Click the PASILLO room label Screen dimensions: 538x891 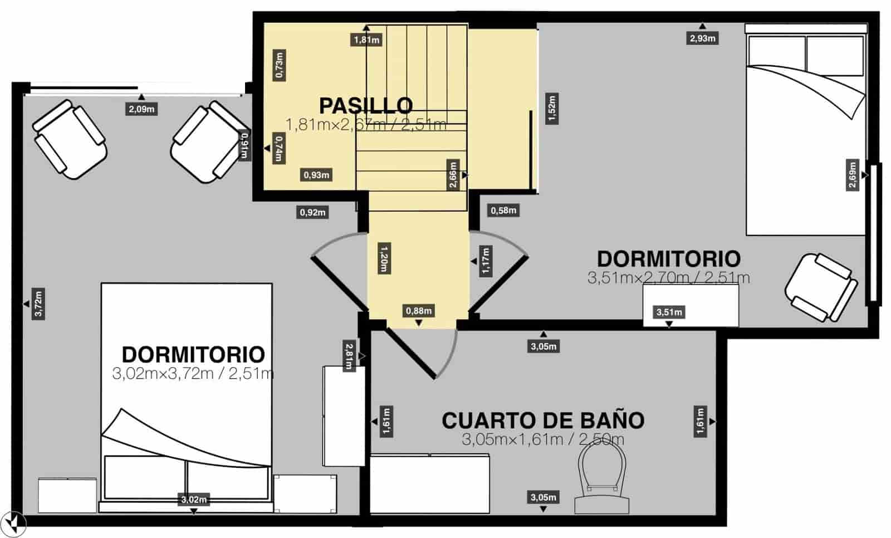pyautogui.click(x=366, y=105)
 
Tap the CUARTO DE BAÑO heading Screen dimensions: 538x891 pyautogui.click(x=543, y=420)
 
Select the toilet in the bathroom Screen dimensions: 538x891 pyautogui.click(x=602, y=479)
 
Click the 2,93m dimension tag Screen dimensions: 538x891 pyautogui.click(x=703, y=38)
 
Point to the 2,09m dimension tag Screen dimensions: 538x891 pyautogui.click(x=141, y=109)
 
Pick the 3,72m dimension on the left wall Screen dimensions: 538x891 pyautogui.click(x=38, y=304)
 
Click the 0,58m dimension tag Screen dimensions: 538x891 pyautogui.click(x=503, y=211)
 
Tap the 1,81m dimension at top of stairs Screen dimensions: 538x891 pyautogui.click(x=366, y=40)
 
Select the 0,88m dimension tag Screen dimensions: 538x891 pyautogui.click(x=419, y=311)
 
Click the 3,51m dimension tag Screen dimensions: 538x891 pyautogui.click(x=669, y=312)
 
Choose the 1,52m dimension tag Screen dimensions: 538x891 pyautogui.click(x=552, y=109)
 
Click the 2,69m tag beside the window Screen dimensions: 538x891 pyautogui.click(x=852, y=175)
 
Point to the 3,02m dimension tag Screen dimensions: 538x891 pyautogui.click(x=194, y=500)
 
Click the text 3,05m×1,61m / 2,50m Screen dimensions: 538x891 pyautogui.click(x=543, y=439)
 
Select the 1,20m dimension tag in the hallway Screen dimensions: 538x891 pyautogui.click(x=383, y=257)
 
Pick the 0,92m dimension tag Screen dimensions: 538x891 pyautogui.click(x=313, y=212)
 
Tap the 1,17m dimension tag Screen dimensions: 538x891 pyautogui.click(x=486, y=261)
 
